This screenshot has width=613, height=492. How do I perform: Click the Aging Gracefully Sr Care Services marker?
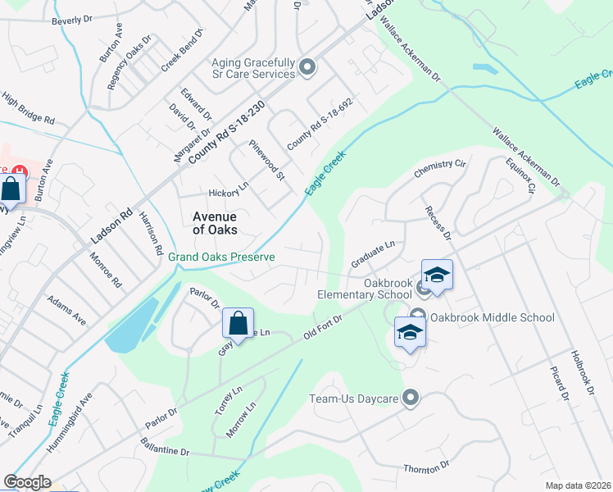click(307, 67)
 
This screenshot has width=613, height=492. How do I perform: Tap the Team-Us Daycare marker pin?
click(411, 399)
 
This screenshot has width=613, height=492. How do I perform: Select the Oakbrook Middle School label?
click(492, 317)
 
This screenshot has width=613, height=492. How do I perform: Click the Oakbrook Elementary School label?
click(365, 289)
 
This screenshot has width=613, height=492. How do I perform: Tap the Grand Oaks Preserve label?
click(221, 257)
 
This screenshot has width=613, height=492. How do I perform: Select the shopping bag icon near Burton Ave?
click(12, 189)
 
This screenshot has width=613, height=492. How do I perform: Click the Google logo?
click(27, 482)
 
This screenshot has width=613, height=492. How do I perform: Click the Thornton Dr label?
click(426, 467)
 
